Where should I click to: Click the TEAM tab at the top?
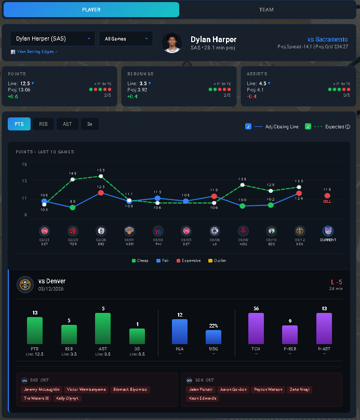(266, 10)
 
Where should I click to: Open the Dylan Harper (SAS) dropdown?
(52, 38)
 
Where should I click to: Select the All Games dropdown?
(126, 38)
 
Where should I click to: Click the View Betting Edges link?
(34, 52)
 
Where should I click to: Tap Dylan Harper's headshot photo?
(172, 43)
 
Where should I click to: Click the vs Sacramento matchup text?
(327, 40)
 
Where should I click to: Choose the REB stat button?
(43, 124)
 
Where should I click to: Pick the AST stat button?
(67, 124)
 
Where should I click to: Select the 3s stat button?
(90, 124)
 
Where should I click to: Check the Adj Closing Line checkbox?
(249, 126)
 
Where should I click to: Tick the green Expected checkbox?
(309, 126)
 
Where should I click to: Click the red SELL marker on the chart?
(327, 196)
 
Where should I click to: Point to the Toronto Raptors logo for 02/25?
(73, 231)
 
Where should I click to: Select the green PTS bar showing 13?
(35, 331)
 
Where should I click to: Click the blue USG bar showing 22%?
(214, 337)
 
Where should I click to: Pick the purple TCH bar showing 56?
(256, 328)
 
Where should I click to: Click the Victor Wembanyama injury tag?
(87, 389)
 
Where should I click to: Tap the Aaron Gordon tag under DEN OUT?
(233, 389)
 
